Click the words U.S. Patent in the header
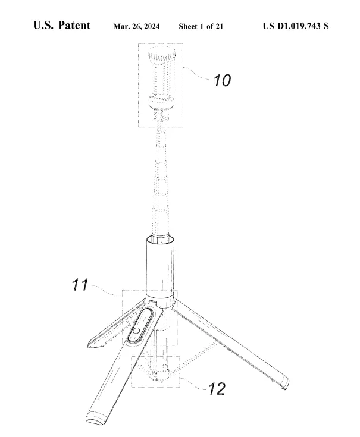(x=62, y=26)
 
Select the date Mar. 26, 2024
(x=136, y=27)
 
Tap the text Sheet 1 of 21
(x=201, y=27)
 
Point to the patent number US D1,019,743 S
(x=296, y=26)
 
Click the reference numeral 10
(x=222, y=80)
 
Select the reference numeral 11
(x=80, y=285)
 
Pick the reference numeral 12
(x=217, y=388)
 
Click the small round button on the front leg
(x=136, y=331)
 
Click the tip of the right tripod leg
(x=286, y=384)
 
